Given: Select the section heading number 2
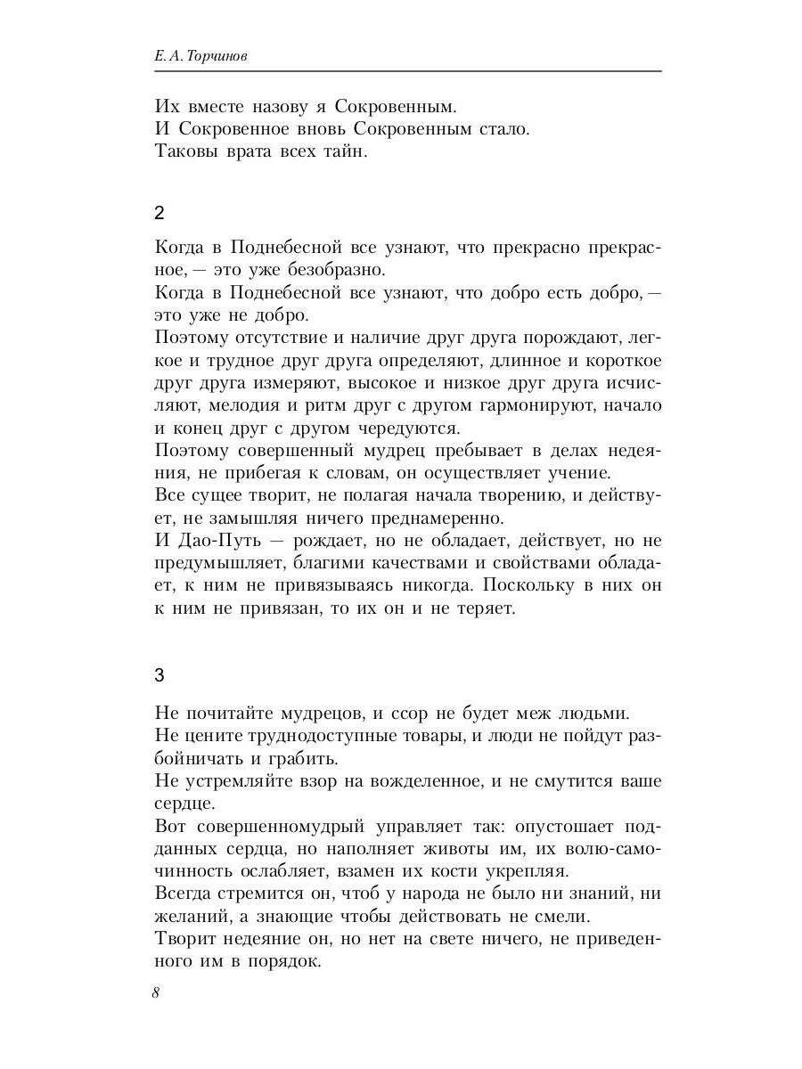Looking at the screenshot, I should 160,214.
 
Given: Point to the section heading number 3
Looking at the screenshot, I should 160,675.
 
